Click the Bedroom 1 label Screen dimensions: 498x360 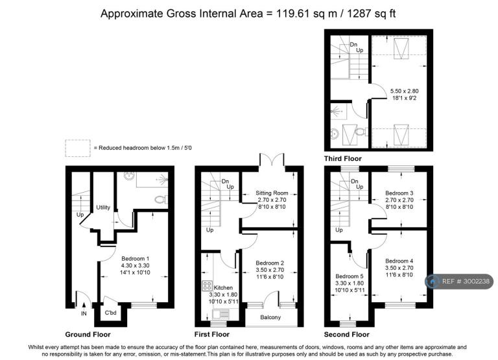point(135,259)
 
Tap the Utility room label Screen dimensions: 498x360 point(103,208)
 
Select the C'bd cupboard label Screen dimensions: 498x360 point(110,313)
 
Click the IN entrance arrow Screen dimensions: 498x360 point(84,306)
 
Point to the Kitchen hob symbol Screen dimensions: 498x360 point(207,285)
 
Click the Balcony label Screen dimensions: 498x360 point(270,317)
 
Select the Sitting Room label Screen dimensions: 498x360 point(272,193)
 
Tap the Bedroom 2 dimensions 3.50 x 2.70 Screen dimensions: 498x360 point(270,270)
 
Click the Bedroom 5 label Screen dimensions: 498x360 point(350,276)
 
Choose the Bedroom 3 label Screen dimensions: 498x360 point(399,193)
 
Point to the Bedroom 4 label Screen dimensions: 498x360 point(399,261)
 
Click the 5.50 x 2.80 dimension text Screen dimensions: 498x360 point(405,91)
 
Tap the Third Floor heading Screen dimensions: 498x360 point(342,158)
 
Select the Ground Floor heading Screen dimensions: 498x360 point(88,334)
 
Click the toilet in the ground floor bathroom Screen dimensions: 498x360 point(161,200)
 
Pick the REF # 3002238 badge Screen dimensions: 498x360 point(459,282)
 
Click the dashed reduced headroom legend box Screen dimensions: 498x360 point(78,148)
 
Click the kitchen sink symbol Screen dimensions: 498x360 point(220,314)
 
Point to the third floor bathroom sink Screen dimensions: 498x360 point(334,134)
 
